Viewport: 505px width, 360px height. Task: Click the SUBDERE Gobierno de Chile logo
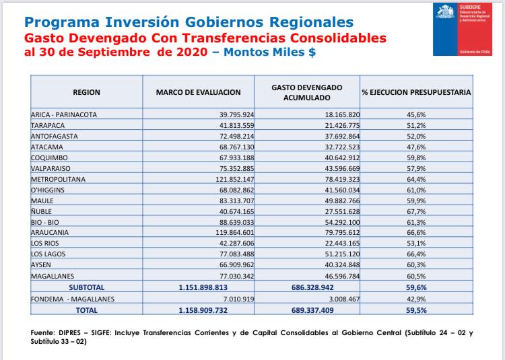click(463, 30)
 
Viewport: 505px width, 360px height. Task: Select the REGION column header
click(86, 92)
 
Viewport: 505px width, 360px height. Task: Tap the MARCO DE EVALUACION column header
click(199, 92)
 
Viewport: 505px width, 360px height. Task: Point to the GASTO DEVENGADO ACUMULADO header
click(307, 92)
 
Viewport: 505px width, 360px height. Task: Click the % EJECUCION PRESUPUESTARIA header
click(416, 92)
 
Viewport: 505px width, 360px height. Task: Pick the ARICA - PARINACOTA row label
click(64, 114)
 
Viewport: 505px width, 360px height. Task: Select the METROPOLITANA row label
click(58, 179)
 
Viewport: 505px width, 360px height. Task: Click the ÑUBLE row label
click(41, 211)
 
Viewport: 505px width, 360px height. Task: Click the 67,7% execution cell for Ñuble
click(416, 211)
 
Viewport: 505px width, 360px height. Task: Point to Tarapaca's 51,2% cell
click(416, 125)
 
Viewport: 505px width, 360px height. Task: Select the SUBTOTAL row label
click(86, 287)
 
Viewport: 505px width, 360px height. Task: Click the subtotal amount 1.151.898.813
click(203, 287)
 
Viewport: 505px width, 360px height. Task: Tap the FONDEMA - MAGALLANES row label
click(73, 299)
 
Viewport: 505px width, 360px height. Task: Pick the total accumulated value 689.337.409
click(312, 310)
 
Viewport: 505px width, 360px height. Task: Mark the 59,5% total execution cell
click(416, 310)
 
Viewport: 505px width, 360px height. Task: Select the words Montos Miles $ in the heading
click(269, 52)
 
